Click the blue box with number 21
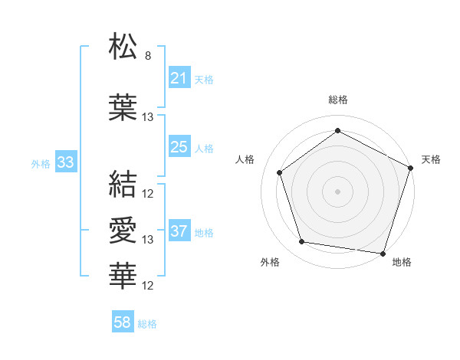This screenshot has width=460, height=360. [x=179, y=78]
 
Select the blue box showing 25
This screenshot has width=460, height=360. [x=179, y=147]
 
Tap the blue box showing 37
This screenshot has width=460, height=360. [x=179, y=231]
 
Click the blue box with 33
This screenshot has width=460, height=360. [x=65, y=162]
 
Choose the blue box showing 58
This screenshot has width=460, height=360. [x=123, y=322]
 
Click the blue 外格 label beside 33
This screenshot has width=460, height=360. [x=40, y=164]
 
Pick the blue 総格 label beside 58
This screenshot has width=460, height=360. [x=147, y=324]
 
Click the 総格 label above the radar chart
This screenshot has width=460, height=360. [x=338, y=100]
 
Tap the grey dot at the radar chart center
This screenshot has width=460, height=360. [x=338, y=191]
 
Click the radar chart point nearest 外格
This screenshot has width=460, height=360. [x=302, y=242]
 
